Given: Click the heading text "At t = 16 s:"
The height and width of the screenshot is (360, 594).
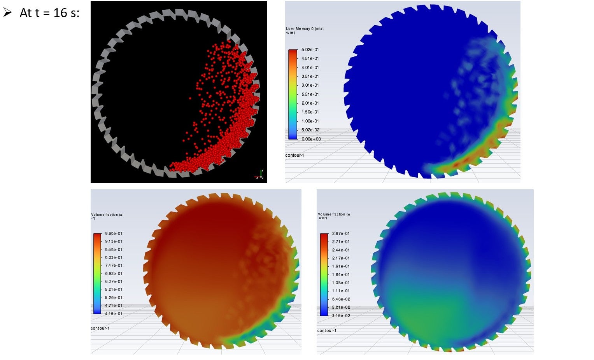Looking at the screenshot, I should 49,13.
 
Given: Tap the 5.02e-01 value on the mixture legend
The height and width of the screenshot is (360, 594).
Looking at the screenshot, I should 310,50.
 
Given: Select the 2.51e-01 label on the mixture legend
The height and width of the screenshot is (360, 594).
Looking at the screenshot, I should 310,94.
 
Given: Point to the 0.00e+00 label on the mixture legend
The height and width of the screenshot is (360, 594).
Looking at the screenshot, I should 311,139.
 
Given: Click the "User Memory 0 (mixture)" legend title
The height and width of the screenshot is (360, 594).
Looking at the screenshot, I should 305,30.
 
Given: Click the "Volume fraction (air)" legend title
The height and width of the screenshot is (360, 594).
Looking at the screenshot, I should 107,216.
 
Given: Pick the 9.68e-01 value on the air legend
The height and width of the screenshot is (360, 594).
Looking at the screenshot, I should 114,234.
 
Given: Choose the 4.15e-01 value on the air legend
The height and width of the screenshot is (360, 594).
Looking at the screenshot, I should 114,314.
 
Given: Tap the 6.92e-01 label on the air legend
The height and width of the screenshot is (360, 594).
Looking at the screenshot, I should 114,274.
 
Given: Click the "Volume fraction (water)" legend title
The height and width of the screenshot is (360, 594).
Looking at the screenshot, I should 334,216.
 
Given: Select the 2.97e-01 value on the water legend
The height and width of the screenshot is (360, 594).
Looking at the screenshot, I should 341,234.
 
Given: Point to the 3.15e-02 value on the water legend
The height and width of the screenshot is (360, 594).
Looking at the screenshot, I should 341,316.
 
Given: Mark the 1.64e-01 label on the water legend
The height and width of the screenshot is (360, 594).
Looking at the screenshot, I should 341,274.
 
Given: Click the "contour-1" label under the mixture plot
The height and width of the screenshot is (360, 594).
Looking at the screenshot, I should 294,156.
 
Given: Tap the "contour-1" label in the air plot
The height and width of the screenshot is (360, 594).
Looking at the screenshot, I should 100,329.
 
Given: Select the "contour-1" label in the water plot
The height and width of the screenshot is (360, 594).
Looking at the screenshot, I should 327,331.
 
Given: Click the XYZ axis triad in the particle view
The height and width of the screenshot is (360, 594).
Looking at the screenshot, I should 260,175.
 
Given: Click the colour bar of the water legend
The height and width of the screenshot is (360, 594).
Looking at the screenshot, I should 324,274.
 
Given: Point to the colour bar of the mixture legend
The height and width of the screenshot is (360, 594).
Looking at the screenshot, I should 293,94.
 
